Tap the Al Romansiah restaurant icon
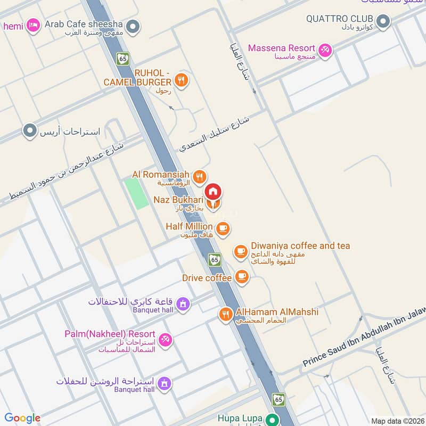point(200,176)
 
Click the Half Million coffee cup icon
point(222,228)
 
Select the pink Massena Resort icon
point(325,50)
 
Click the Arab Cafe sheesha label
point(84,24)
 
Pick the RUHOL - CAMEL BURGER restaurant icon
point(182,80)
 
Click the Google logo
point(22,418)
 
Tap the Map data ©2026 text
point(397,421)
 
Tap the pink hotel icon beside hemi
point(33,25)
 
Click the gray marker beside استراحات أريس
point(30,130)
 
